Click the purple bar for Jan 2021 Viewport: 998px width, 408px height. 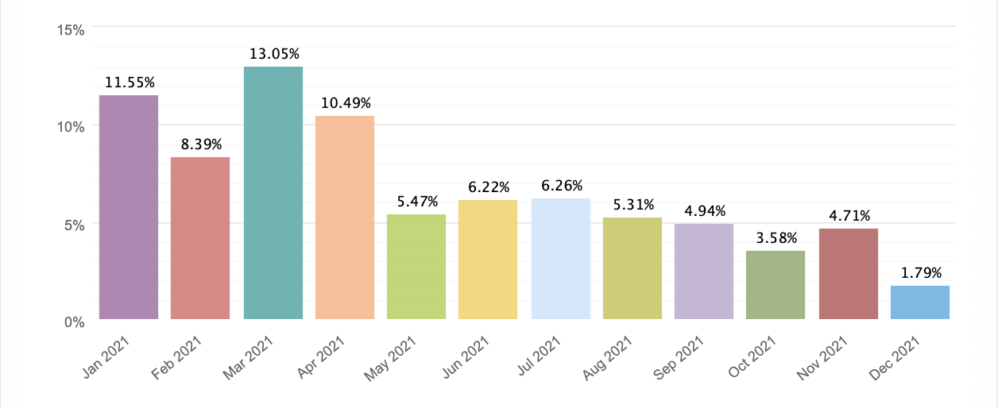pos(129,207)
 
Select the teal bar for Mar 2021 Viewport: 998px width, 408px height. pos(273,193)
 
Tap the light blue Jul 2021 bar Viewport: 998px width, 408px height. pos(560,259)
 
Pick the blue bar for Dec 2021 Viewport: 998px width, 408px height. pos(919,302)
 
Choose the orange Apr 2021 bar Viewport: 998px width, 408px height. pos(344,217)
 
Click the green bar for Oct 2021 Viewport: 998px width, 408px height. pos(776,285)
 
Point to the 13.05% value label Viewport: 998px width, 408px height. pos(273,54)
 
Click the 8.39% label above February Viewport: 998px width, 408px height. pos(200,144)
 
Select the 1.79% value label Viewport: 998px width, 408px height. pos(919,272)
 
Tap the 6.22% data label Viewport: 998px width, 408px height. pos(488,187)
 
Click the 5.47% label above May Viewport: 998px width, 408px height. pos(416,201)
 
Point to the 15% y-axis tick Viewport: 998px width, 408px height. pos(72,30)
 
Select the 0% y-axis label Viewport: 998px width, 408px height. pos(75,321)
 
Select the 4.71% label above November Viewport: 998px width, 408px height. pos(848,215)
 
